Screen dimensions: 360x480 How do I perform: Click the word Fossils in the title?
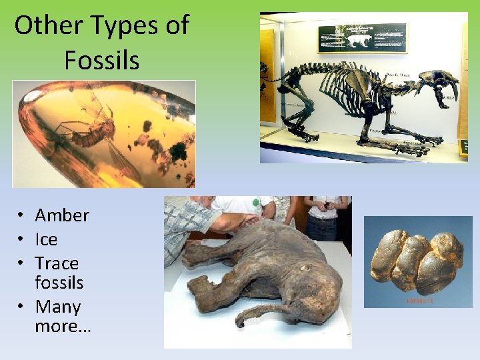[x=101, y=61]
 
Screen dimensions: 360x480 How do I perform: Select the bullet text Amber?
[x=62, y=215]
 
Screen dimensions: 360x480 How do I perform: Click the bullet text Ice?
[x=46, y=239]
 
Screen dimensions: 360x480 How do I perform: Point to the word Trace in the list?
[x=57, y=263]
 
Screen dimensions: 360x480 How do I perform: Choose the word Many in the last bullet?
[x=58, y=307]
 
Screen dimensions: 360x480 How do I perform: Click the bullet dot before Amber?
[x=22, y=216]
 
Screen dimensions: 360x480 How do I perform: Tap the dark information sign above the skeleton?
[x=362, y=38]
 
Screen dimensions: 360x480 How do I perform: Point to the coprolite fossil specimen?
[x=417, y=261]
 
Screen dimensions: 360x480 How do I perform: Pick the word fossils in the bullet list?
[x=59, y=283]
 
